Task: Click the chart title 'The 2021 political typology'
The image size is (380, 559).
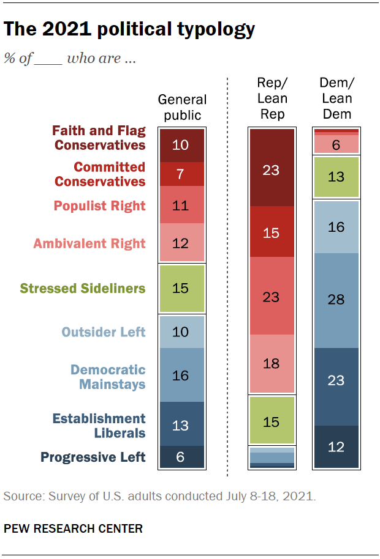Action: (129, 29)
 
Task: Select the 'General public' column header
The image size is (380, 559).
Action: (182, 107)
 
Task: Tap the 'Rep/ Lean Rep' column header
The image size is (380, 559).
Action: (272, 98)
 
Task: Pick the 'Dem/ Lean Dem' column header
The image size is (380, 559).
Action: (336, 98)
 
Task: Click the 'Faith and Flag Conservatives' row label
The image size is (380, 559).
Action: (99, 138)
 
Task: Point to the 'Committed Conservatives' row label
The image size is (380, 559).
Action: (101, 174)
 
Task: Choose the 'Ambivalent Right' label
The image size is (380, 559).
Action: (89, 243)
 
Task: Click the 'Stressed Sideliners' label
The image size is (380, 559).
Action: (83, 287)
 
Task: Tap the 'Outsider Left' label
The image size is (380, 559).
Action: (103, 331)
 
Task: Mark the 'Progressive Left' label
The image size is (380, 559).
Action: (93, 457)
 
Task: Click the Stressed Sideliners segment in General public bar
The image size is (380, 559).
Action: (181, 287)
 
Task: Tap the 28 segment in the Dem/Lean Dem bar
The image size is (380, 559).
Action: (336, 300)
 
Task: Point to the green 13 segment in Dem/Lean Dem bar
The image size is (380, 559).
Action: (336, 177)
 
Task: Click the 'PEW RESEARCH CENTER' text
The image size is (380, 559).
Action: (73, 528)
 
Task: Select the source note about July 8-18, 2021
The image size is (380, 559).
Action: (159, 496)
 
